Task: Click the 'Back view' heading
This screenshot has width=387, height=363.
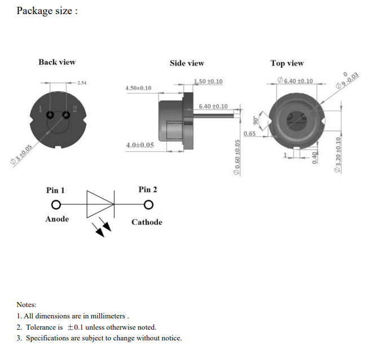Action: [x=57, y=62]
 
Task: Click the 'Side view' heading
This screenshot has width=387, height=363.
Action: [x=187, y=63]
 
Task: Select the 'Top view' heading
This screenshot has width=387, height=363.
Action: [x=287, y=63]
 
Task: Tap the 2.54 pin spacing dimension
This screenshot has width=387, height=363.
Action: [x=82, y=83]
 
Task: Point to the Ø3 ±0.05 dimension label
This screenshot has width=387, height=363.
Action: [x=21, y=155]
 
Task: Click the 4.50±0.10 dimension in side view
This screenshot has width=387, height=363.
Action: [x=138, y=88]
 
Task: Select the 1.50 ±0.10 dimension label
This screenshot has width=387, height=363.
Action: [x=208, y=81]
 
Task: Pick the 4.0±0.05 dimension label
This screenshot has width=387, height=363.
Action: [x=140, y=145]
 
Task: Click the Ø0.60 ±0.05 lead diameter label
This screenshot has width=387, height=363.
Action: [x=237, y=158]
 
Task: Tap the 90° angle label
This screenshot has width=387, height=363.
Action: [x=255, y=120]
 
